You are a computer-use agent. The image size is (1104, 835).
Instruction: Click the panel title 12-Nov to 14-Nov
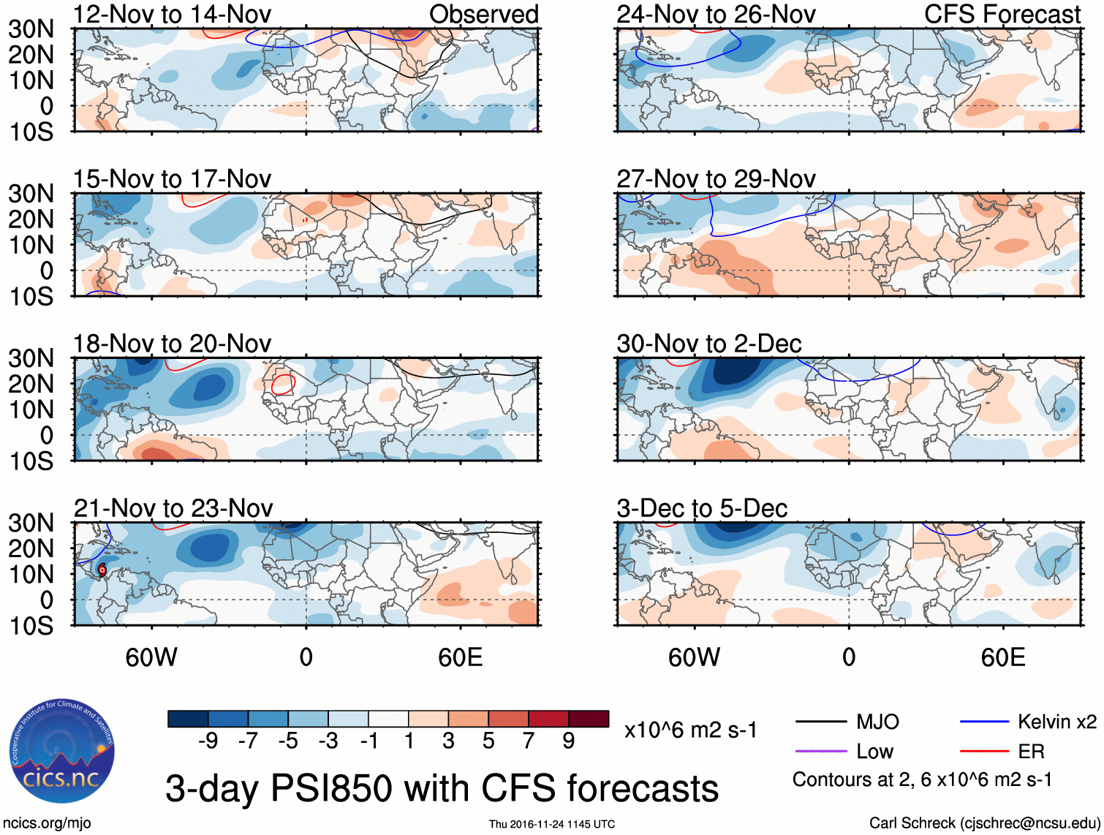tap(172, 14)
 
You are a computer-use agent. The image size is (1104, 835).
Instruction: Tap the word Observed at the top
tap(483, 14)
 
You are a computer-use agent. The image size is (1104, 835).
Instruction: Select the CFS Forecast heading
tap(1002, 14)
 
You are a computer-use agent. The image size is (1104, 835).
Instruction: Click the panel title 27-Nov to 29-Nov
tap(716, 179)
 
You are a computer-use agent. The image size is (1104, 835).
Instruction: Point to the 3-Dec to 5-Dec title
tap(702, 508)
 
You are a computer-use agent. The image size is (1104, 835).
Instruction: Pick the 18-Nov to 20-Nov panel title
tap(172, 344)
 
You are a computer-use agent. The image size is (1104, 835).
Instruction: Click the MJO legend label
tap(877, 722)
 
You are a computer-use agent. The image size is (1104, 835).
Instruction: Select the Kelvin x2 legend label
tap(1056, 722)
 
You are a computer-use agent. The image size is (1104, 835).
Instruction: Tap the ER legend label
tap(1031, 752)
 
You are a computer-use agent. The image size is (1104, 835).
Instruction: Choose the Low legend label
tap(874, 752)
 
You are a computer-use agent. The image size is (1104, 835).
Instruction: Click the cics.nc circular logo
tap(62, 752)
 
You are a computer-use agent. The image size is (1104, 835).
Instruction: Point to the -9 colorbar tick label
tap(208, 741)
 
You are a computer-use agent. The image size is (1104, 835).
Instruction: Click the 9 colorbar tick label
tap(568, 741)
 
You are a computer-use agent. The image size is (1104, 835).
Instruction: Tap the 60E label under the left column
tap(460, 657)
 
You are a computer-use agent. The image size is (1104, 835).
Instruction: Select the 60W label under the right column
tap(694, 657)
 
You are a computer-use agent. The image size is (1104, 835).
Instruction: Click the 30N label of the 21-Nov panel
tap(31, 523)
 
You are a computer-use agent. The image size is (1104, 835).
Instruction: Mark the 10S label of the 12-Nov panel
tap(31, 132)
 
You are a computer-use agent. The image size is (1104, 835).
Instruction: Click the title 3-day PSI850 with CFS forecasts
tap(442, 789)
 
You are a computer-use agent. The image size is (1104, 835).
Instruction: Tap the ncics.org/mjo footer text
tap(47, 823)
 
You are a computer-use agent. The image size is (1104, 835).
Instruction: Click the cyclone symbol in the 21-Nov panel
tap(102, 570)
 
